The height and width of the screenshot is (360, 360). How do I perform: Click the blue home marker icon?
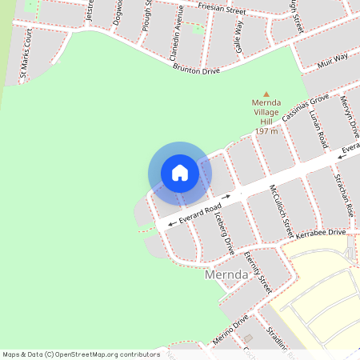(x=180, y=173)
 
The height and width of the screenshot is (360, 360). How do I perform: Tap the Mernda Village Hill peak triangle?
(x=266, y=94)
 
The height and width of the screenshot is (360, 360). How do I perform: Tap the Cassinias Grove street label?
(x=305, y=110)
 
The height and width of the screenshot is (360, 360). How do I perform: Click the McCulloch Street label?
(x=282, y=210)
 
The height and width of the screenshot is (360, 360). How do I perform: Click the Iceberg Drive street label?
(x=223, y=233)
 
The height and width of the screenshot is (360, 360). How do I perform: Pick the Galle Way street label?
(x=238, y=42)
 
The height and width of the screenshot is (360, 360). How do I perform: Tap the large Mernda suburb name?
(x=229, y=275)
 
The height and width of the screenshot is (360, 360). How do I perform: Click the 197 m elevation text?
(x=266, y=130)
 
